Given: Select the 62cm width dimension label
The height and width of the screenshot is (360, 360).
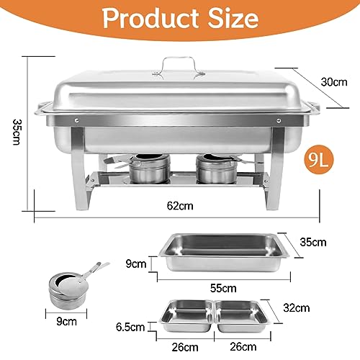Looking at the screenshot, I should click(179, 206).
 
